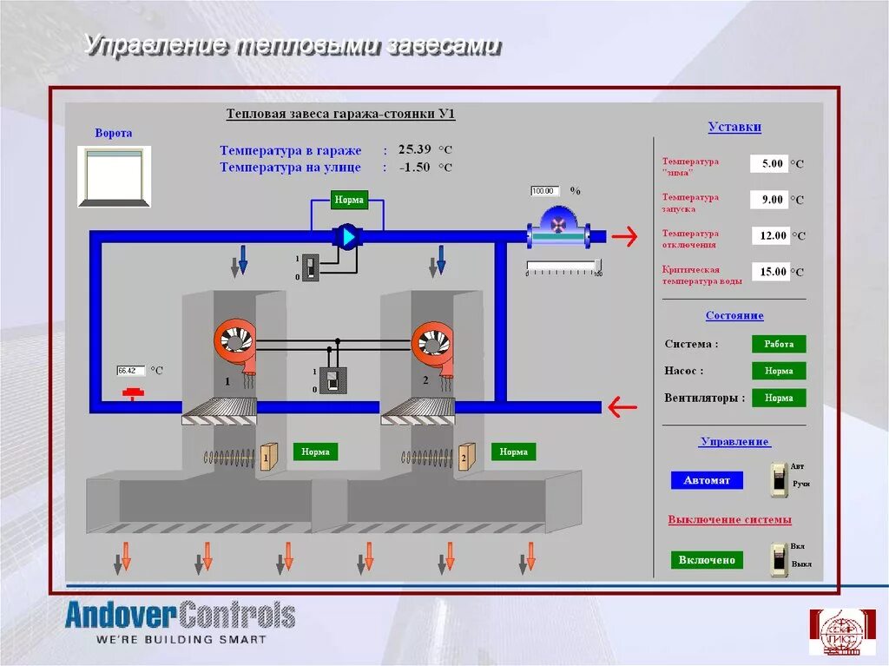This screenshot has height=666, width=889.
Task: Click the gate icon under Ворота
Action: (114, 176)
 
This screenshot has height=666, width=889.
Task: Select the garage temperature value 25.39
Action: (414, 149)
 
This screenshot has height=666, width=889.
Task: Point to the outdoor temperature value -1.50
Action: (414, 167)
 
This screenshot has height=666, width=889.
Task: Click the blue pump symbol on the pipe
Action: (347, 236)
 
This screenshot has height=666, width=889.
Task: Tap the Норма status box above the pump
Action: (349, 200)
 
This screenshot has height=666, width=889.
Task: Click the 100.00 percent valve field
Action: (543, 191)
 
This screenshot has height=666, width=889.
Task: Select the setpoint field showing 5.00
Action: (769, 163)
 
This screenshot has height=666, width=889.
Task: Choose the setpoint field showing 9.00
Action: (769, 200)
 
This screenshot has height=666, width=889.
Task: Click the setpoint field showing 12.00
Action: (769, 235)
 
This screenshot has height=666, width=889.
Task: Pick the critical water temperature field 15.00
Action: (769, 272)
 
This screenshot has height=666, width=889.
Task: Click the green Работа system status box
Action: (779, 344)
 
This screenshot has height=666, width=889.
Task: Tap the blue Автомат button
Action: (707, 480)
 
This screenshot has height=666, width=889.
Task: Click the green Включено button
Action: (707, 560)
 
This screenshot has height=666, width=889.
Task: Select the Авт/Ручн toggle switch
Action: (780, 479)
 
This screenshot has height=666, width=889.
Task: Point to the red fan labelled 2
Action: (432, 341)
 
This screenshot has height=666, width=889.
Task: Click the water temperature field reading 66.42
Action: (131, 371)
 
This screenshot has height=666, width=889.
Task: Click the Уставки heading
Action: (734, 127)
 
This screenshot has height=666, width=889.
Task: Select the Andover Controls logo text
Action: (181, 616)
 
